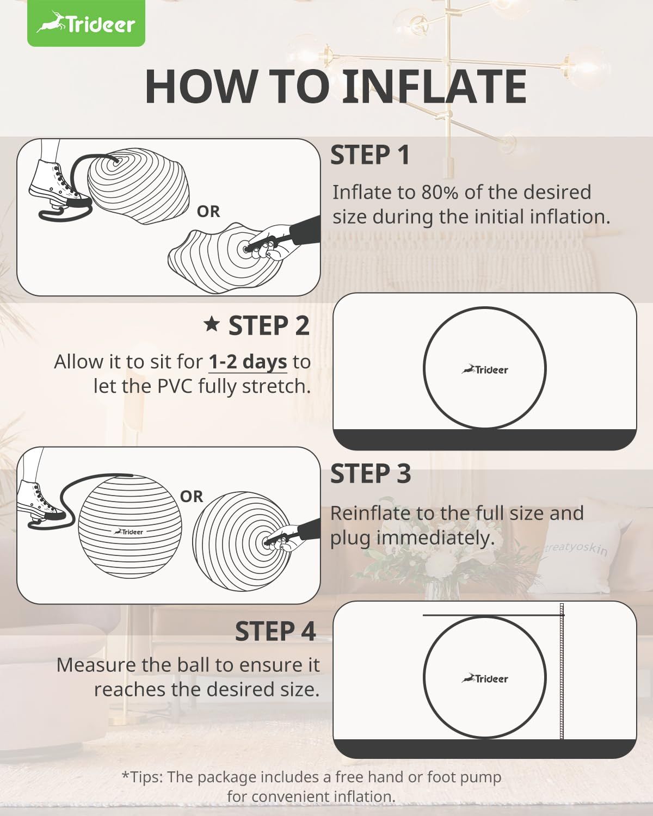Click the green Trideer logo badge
click(86, 23)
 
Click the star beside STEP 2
click(211, 324)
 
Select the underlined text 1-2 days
click(248, 362)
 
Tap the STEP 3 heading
click(371, 474)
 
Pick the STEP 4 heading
click(275, 632)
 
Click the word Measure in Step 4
click(97, 665)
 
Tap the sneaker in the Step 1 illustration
click(59, 183)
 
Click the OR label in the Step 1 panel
click(208, 212)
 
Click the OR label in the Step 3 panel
click(192, 497)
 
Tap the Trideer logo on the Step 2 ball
click(484, 369)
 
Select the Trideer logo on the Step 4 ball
click(484, 678)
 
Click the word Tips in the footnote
click(146, 777)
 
